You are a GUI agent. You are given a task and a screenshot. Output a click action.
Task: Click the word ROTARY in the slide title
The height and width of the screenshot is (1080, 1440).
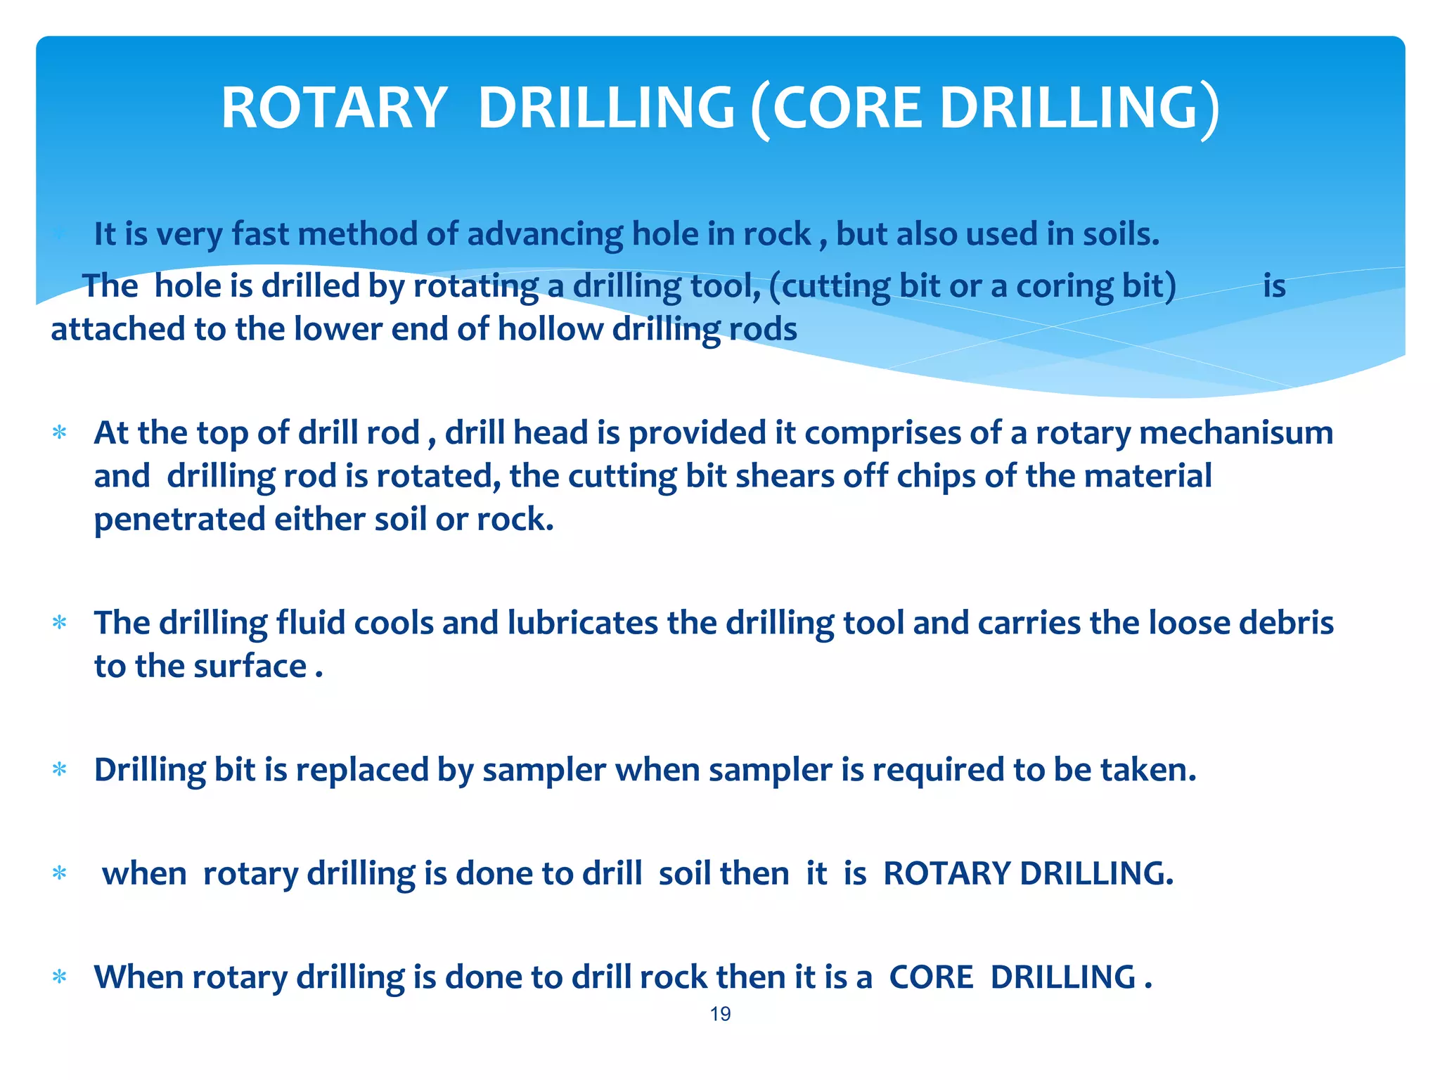pos(334,108)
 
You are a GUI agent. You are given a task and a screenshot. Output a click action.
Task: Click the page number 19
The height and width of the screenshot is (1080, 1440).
pos(720,1014)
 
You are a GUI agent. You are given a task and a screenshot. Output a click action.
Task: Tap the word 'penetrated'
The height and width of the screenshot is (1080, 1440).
pos(179,520)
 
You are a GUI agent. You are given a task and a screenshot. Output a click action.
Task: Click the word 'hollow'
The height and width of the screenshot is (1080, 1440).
pos(550,329)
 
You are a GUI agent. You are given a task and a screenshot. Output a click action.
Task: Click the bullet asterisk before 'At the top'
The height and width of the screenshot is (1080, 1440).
pos(60,433)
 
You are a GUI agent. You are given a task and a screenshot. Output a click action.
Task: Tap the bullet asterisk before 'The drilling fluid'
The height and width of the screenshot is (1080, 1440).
pos(60,624)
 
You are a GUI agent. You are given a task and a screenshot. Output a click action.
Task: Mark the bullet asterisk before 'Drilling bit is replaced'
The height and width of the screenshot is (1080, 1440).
pos(60,771)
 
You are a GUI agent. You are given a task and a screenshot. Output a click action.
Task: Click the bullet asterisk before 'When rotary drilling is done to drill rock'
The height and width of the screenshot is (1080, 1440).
pos(60,978)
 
